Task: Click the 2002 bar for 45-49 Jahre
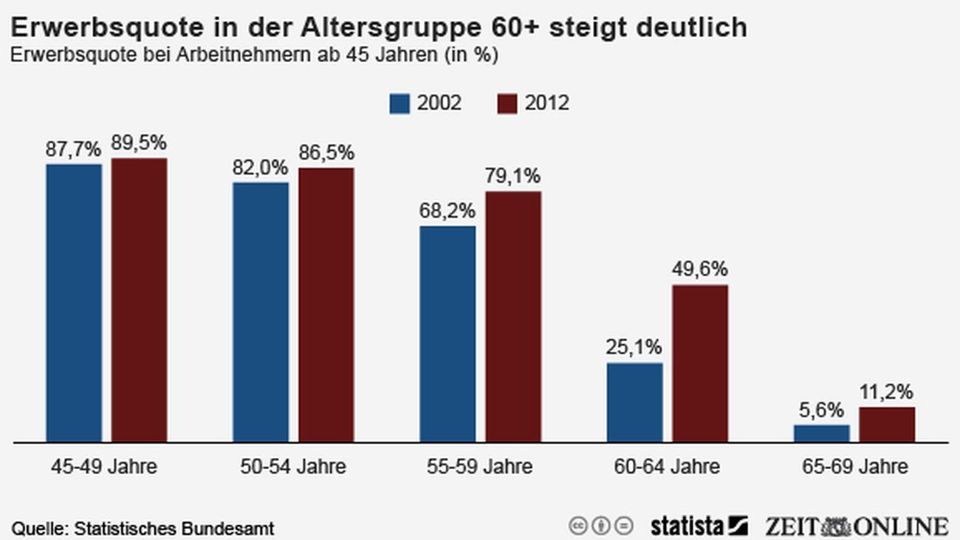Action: coord(74,303)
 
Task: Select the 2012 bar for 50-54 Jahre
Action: coord(326,304)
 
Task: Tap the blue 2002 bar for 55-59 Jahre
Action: coord(448,334)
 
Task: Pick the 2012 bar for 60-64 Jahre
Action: coord(699,363)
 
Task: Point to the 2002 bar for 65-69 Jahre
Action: coord(821,434)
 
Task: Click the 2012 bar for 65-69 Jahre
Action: coord(886,425)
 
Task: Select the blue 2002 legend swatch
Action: coord(399,103)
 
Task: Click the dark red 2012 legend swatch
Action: coord(507,103)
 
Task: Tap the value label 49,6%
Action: coord(700,269)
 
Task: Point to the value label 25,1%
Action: coord(634,347)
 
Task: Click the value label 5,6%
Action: coord(821,409)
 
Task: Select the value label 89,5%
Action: coord(140,143)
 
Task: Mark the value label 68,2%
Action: coord(448,211)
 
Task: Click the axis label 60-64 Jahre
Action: coord(667,468)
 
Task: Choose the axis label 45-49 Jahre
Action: coord(104,468)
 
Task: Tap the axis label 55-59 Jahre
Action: coord(479,468)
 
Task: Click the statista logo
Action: coord(699,526)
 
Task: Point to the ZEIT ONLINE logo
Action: coord(856,526)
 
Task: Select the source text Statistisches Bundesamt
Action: coord(174,529)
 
